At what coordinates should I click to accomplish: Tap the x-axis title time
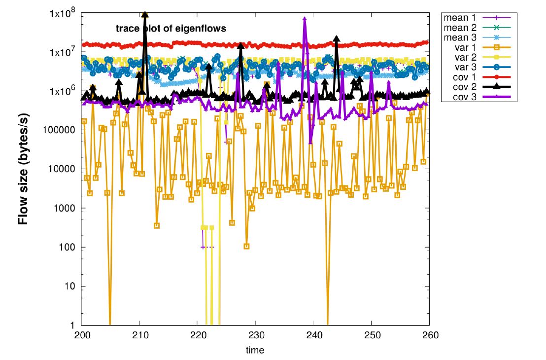(255, 350)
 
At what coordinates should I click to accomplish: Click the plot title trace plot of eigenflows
(171, 29)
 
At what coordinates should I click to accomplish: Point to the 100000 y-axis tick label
(62, 130)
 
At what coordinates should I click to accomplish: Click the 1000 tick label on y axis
(66, 208)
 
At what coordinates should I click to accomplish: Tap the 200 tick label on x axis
(82, 335)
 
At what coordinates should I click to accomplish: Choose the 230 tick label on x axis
(255, 335)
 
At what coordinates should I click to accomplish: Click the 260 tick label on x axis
(429, 335)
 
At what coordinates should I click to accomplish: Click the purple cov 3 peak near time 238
(305, 19)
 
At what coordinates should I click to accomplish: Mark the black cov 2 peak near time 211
(145, 15)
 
